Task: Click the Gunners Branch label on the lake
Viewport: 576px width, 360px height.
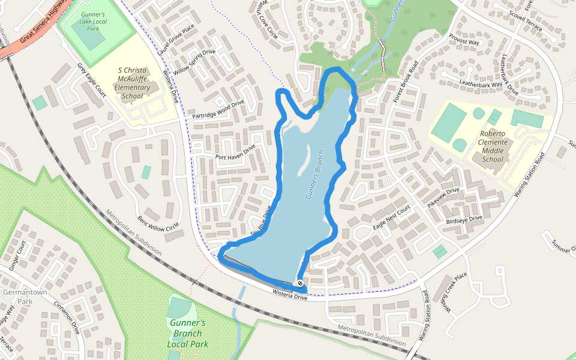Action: (x=315, y=174)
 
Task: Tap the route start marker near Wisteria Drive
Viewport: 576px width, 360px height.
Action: (x=299, y=283)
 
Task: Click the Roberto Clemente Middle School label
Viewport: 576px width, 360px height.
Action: (x=493, y=146)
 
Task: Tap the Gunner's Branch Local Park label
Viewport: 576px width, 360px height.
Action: (x=188, y=333)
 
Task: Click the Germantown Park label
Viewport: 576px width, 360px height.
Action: (x=17, y=296)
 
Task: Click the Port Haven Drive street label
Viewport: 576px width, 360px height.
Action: (x=235, y=152)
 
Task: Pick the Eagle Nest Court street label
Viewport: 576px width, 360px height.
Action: (x=391, y=217)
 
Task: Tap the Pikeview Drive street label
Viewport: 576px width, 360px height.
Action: (x=443, y=198)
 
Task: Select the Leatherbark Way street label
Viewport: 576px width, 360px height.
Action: (x=480, y=84)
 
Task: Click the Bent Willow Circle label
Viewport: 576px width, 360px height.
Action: (x=158, y=222)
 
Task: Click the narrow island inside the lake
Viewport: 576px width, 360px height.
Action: (x=306, y=159)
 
